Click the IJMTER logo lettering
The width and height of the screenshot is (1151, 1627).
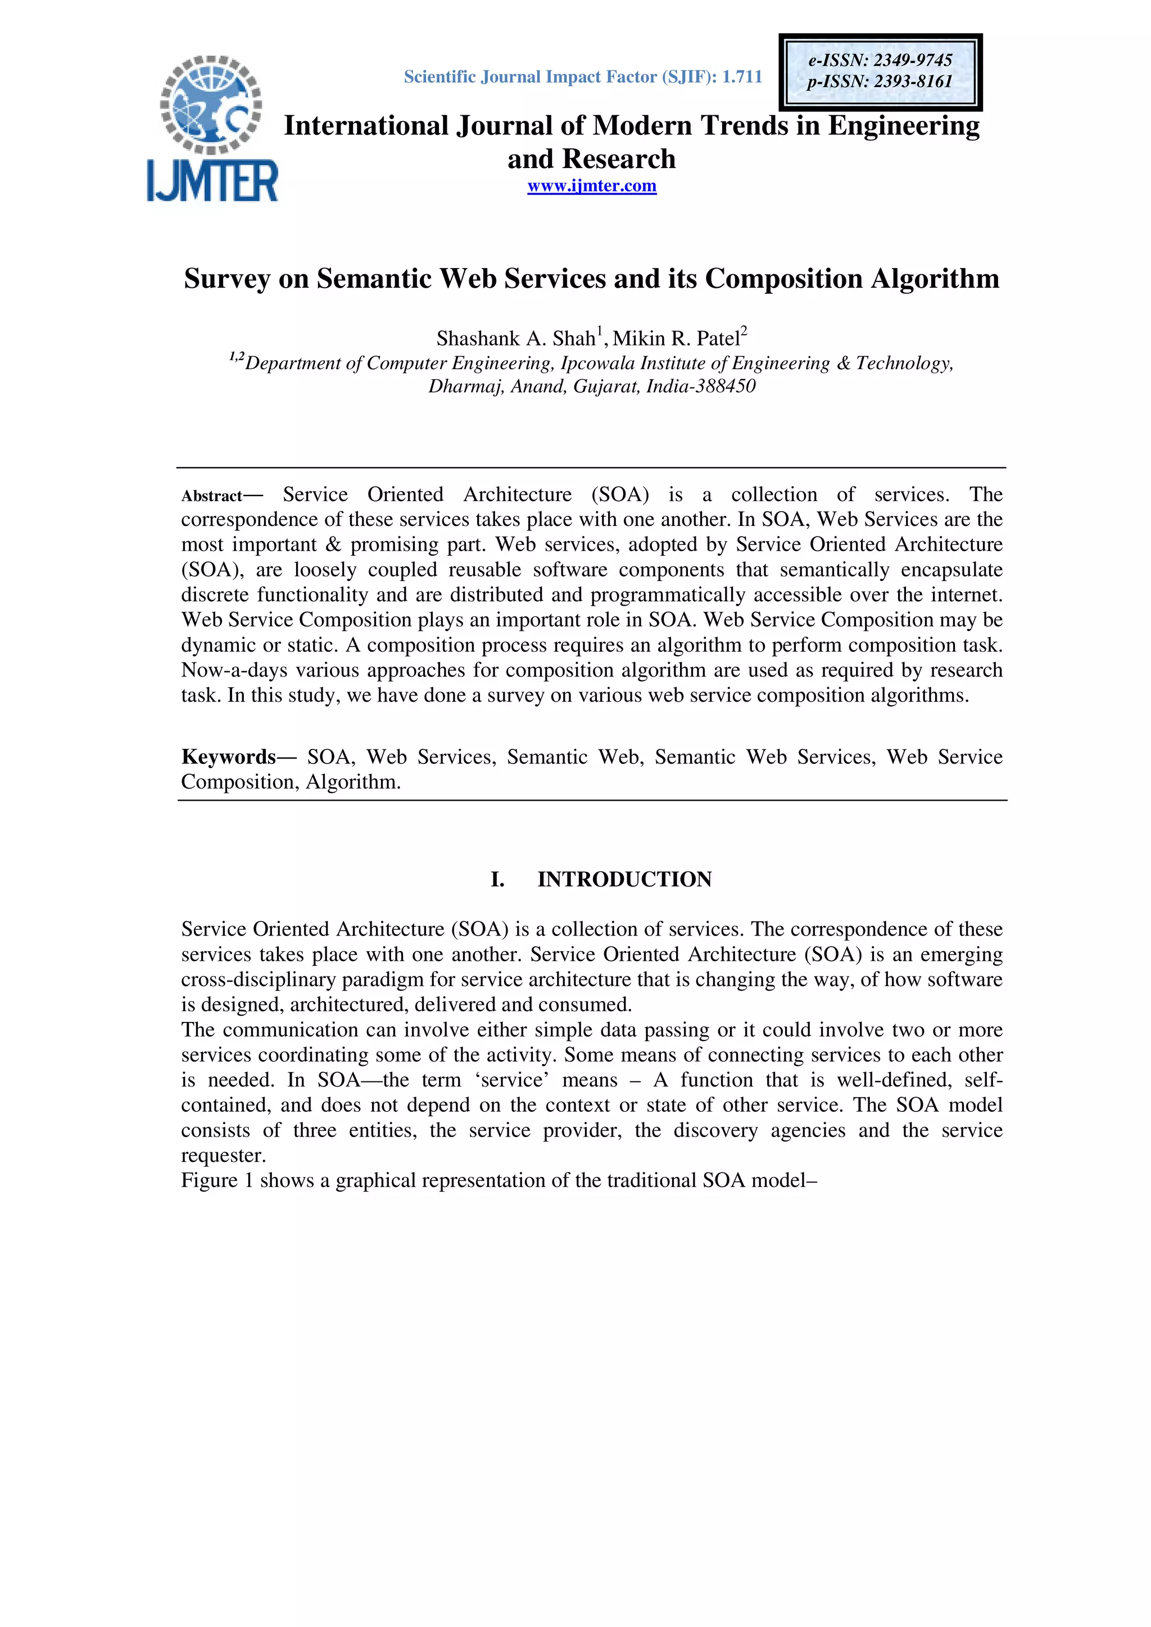tap(212, 181)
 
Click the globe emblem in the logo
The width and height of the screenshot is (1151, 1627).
tap(211, 103)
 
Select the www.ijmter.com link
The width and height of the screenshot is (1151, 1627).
tap(591, 187)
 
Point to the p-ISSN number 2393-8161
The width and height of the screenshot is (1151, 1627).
tap(913, 81)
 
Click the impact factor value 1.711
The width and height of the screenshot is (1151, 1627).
tap(742, 76)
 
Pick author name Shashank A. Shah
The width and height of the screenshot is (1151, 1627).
tap(515, 339)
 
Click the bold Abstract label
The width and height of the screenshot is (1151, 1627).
tap(211, 496)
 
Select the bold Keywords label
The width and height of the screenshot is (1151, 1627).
tap(228, 757)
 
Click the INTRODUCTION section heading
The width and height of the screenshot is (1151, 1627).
tap(624, 879)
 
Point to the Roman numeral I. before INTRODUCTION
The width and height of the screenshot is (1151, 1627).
tap(497, 879)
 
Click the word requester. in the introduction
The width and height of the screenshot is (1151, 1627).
tap(223, 1156)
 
